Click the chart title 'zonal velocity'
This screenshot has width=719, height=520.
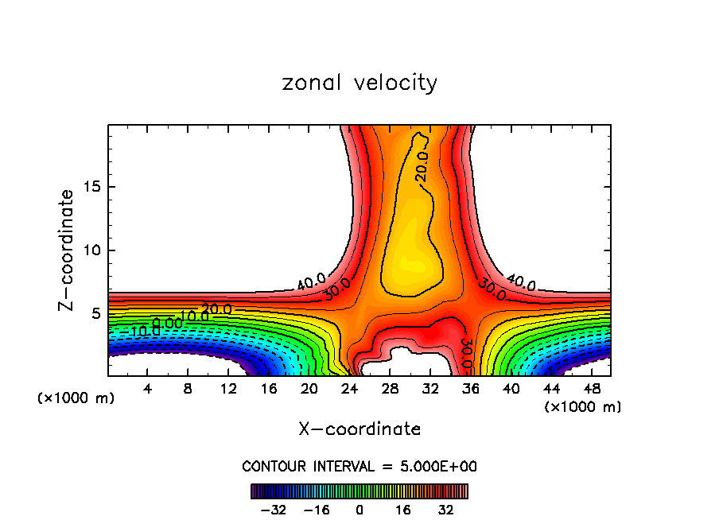pyautogui.click(x=359, y=83)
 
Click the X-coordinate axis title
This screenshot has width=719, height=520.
pyautogui.click(x=359, y=429)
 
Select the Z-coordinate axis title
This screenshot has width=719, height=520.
pyautogui.click(x=67, y=250)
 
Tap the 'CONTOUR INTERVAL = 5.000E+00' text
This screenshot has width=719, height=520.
pyautogui.click(x=359, y=466)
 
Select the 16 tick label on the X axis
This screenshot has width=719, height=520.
pyautogui.click(x=269, y=390)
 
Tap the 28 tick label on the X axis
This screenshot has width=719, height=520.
pyautogui.click(x=390, y=390)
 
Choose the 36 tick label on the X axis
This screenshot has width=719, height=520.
pyautogui.click(x=470, y=390)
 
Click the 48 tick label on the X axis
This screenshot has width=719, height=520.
pyautogui.click(x=591, y=390)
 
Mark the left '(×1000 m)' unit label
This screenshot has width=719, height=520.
pyautogui.click(x=76, y=398)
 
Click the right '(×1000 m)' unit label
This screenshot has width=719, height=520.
pyautogui.click(x=583, y=406)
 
